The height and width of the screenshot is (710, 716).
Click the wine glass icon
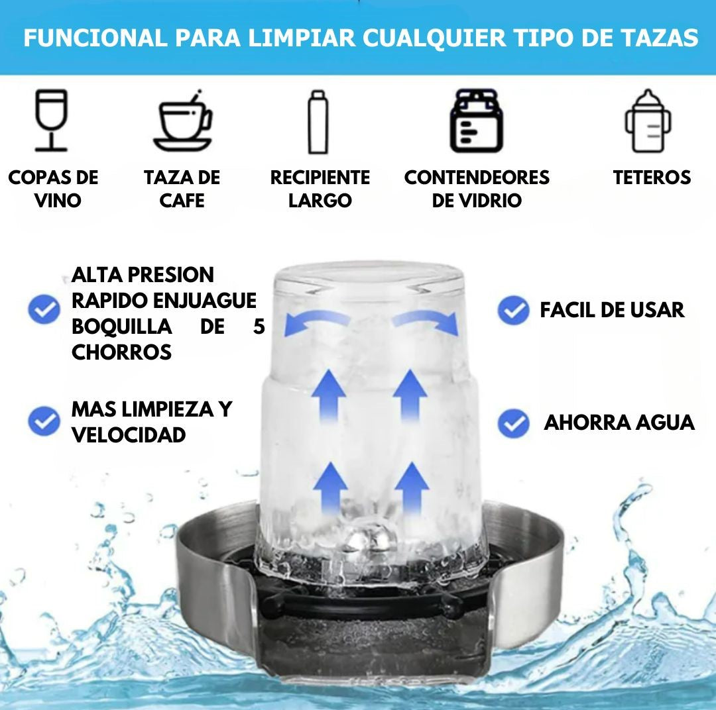(x=52, y=120)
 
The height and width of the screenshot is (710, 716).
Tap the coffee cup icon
(x=183, y=121)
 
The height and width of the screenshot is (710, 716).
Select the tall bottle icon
(x=318, y=122)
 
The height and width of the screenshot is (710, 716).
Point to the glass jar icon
(x=476, y=121)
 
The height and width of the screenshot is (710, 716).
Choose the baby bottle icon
(x=648, y=121)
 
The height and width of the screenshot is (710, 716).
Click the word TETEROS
(x=652, y=177)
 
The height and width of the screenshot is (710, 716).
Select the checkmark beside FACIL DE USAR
(x=513, y=310)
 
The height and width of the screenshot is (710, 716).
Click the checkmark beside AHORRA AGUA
(x=513, y=423)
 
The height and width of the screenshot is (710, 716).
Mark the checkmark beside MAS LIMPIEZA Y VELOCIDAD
(x=44, y=421)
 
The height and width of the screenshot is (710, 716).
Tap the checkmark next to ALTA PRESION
(x=44, y=309)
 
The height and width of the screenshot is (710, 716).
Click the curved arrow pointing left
(x=315, y=319)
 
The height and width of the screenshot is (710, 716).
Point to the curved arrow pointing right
(x=426, y=319)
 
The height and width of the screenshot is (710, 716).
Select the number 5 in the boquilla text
(x=259, y=327)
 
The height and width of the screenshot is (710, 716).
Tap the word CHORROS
(x=121, y=353)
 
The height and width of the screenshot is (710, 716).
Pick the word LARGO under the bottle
(x=320, y=201)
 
